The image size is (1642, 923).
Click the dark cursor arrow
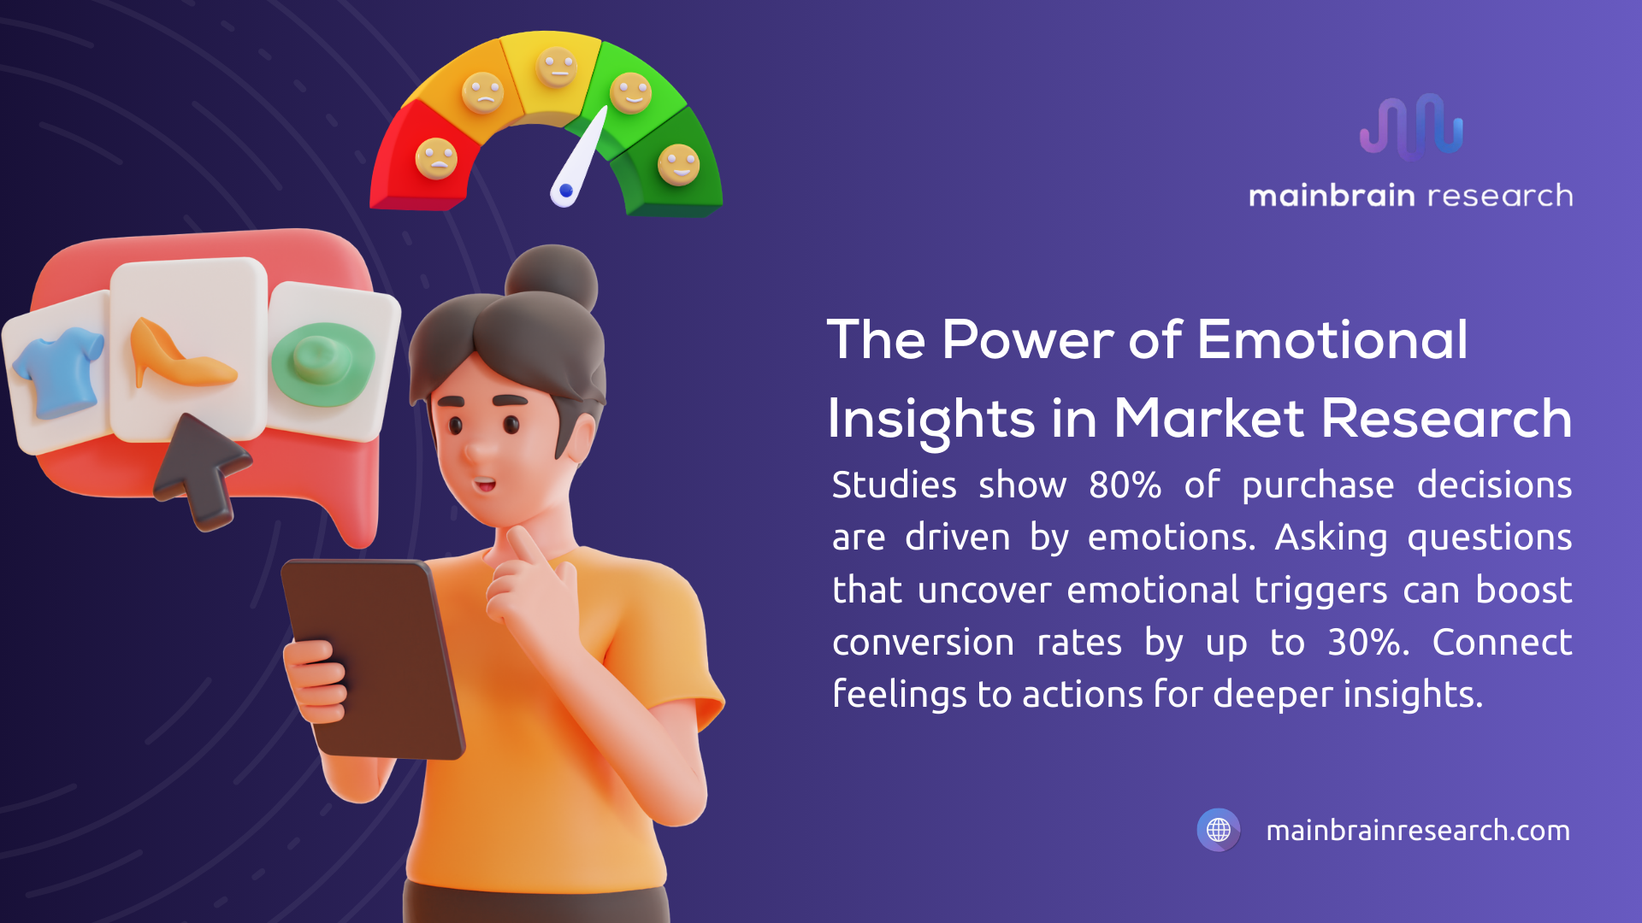click(202, 468)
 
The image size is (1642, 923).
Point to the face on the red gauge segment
click(436, 158)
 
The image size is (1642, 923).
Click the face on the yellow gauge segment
click(557, 68)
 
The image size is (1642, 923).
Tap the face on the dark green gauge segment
click(678, 164)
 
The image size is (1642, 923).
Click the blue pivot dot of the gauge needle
click(566, 191)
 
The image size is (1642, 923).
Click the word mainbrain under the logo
click(1331, 196)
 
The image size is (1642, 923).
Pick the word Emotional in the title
click(1332, 340)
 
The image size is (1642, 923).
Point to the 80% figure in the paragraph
click(1125, 485)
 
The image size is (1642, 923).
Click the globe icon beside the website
click(1219, 830)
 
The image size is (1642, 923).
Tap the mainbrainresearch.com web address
click(1417, 831)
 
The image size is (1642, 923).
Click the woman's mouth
click(485, 485)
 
